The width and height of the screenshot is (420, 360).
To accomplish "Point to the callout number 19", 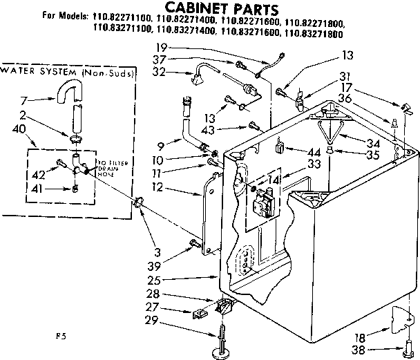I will pos(161,48).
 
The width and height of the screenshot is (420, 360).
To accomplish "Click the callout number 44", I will pos(313,151).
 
